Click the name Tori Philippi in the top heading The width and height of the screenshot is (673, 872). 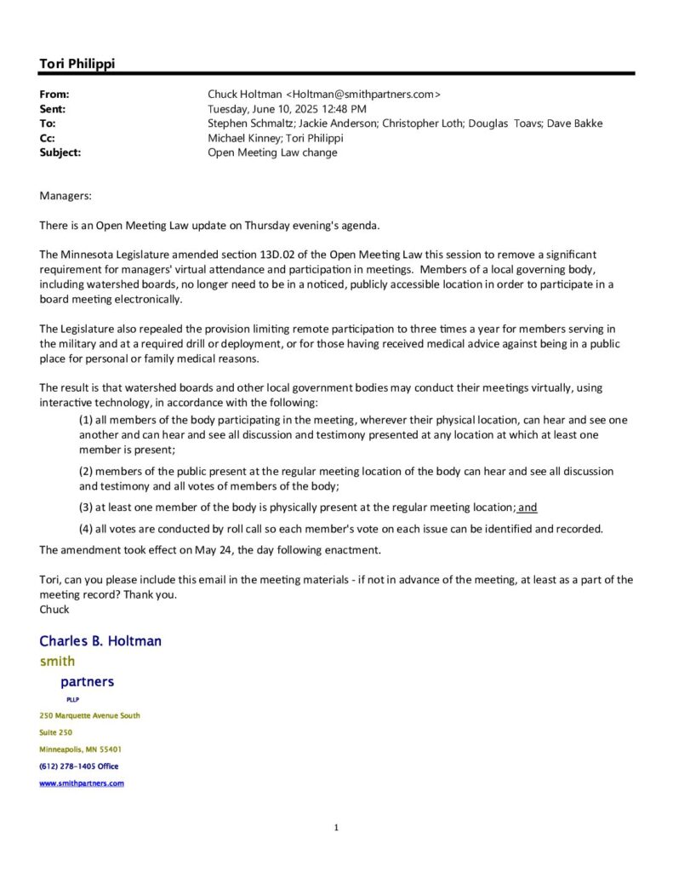77,63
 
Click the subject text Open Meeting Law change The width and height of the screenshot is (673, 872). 272,152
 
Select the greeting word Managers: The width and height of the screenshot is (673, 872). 66,197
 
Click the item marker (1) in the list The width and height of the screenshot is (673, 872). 86,420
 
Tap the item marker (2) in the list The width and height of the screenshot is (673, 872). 86,471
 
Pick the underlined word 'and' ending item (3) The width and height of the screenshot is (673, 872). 528,508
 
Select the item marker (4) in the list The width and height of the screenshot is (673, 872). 86,529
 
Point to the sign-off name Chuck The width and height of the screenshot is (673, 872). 54,609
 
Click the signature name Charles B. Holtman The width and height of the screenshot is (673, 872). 100,641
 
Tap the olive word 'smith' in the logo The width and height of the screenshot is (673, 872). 58,662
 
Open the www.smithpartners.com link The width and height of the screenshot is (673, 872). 82,783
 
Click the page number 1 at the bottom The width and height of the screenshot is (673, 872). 336,828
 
